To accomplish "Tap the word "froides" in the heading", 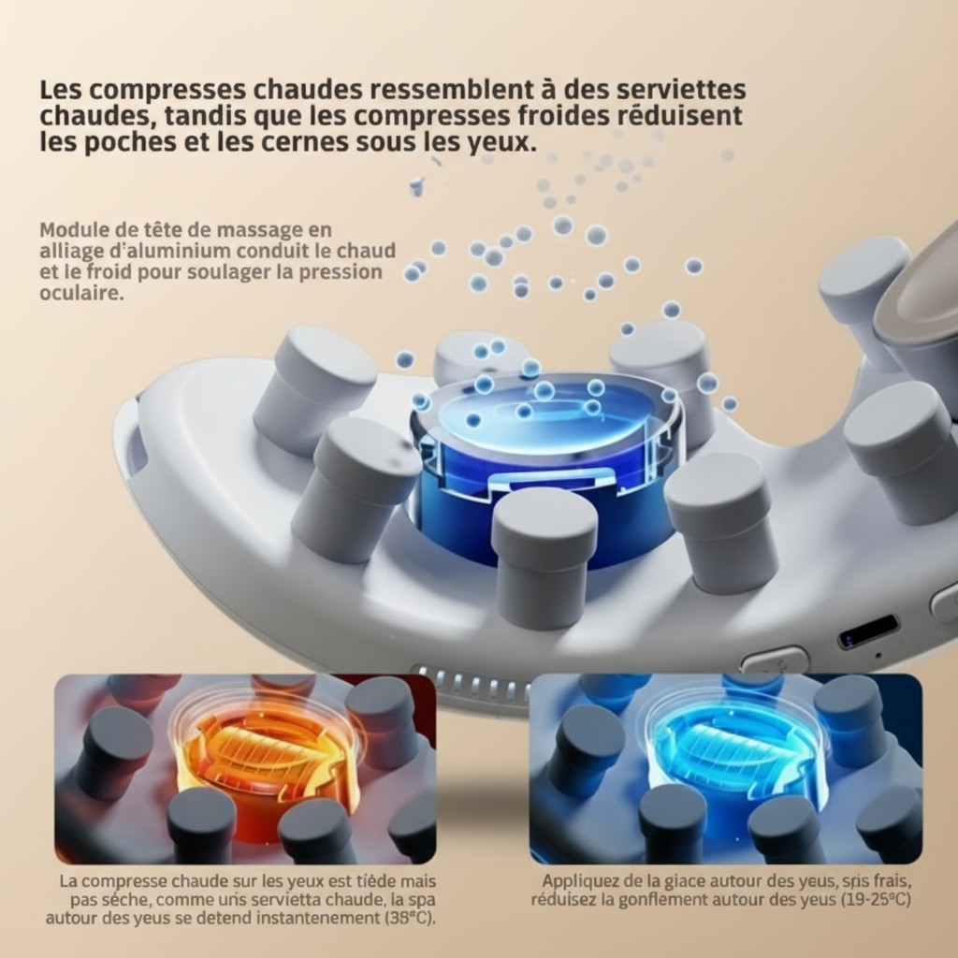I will point(564,116).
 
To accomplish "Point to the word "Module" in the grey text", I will point(71,230).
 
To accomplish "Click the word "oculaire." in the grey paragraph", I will point(82,292).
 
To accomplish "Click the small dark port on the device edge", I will point(868,631).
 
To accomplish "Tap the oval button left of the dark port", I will point(775,660).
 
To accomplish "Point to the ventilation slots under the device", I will point(468,680).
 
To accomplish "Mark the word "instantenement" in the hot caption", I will point(317,918).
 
